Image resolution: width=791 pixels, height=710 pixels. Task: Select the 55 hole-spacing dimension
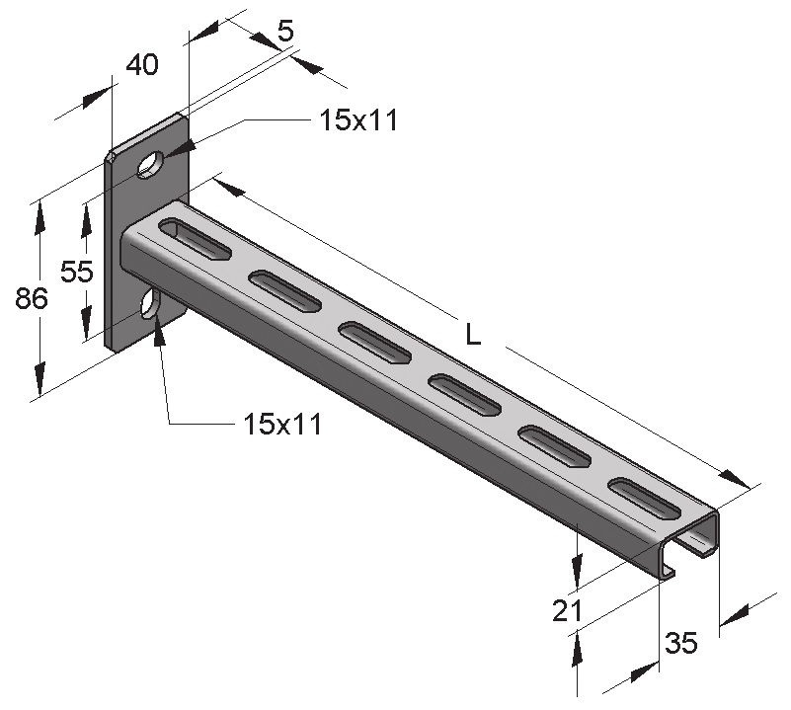coord(77,272)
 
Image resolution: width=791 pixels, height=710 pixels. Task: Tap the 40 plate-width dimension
coord(142,64)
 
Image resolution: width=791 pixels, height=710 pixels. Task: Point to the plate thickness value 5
coord(285,32)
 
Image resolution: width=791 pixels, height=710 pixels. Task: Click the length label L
coord(473,334)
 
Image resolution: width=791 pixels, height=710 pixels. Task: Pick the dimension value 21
coord(567,610)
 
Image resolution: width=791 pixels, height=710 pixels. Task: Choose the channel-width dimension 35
coord(681,643)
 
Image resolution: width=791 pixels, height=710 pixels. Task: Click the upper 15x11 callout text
coord(358,120)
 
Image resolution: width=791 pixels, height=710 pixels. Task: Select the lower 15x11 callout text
coord(282,424)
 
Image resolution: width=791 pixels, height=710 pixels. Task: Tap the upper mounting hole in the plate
coord(150,164)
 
